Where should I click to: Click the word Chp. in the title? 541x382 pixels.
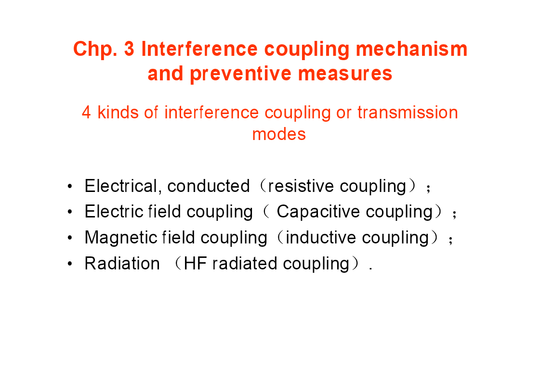(95, 49)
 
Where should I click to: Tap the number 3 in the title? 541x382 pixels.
(129, 49)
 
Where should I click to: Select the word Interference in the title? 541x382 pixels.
(199, 49)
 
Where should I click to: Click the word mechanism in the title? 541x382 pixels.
(411, 49)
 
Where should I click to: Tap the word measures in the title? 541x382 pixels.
(345, 74)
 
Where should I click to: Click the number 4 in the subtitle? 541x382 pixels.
(86, 113)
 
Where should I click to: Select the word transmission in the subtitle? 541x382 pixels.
(408, 113)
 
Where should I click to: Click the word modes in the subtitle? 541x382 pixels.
(279, 134)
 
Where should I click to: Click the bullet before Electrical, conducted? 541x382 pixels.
(70, 186)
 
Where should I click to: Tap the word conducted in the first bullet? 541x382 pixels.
(209, 186)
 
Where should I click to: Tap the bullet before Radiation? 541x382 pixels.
(70, 264)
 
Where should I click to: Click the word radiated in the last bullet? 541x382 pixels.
(245, 264)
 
